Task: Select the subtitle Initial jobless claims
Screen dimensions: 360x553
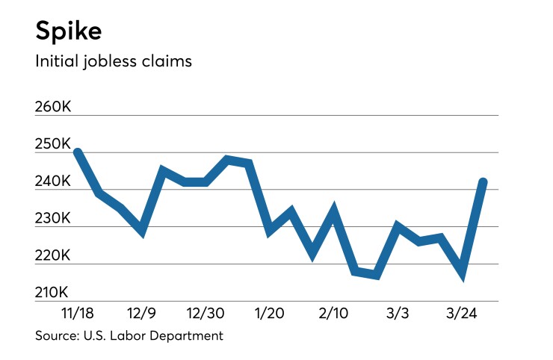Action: point(114,61)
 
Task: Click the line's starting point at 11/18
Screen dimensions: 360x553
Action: point(78,152)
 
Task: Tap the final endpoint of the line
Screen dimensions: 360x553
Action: point(484,181)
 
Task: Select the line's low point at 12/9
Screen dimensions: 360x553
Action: point(141,232)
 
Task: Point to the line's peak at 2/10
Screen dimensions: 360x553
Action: point(334,211)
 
